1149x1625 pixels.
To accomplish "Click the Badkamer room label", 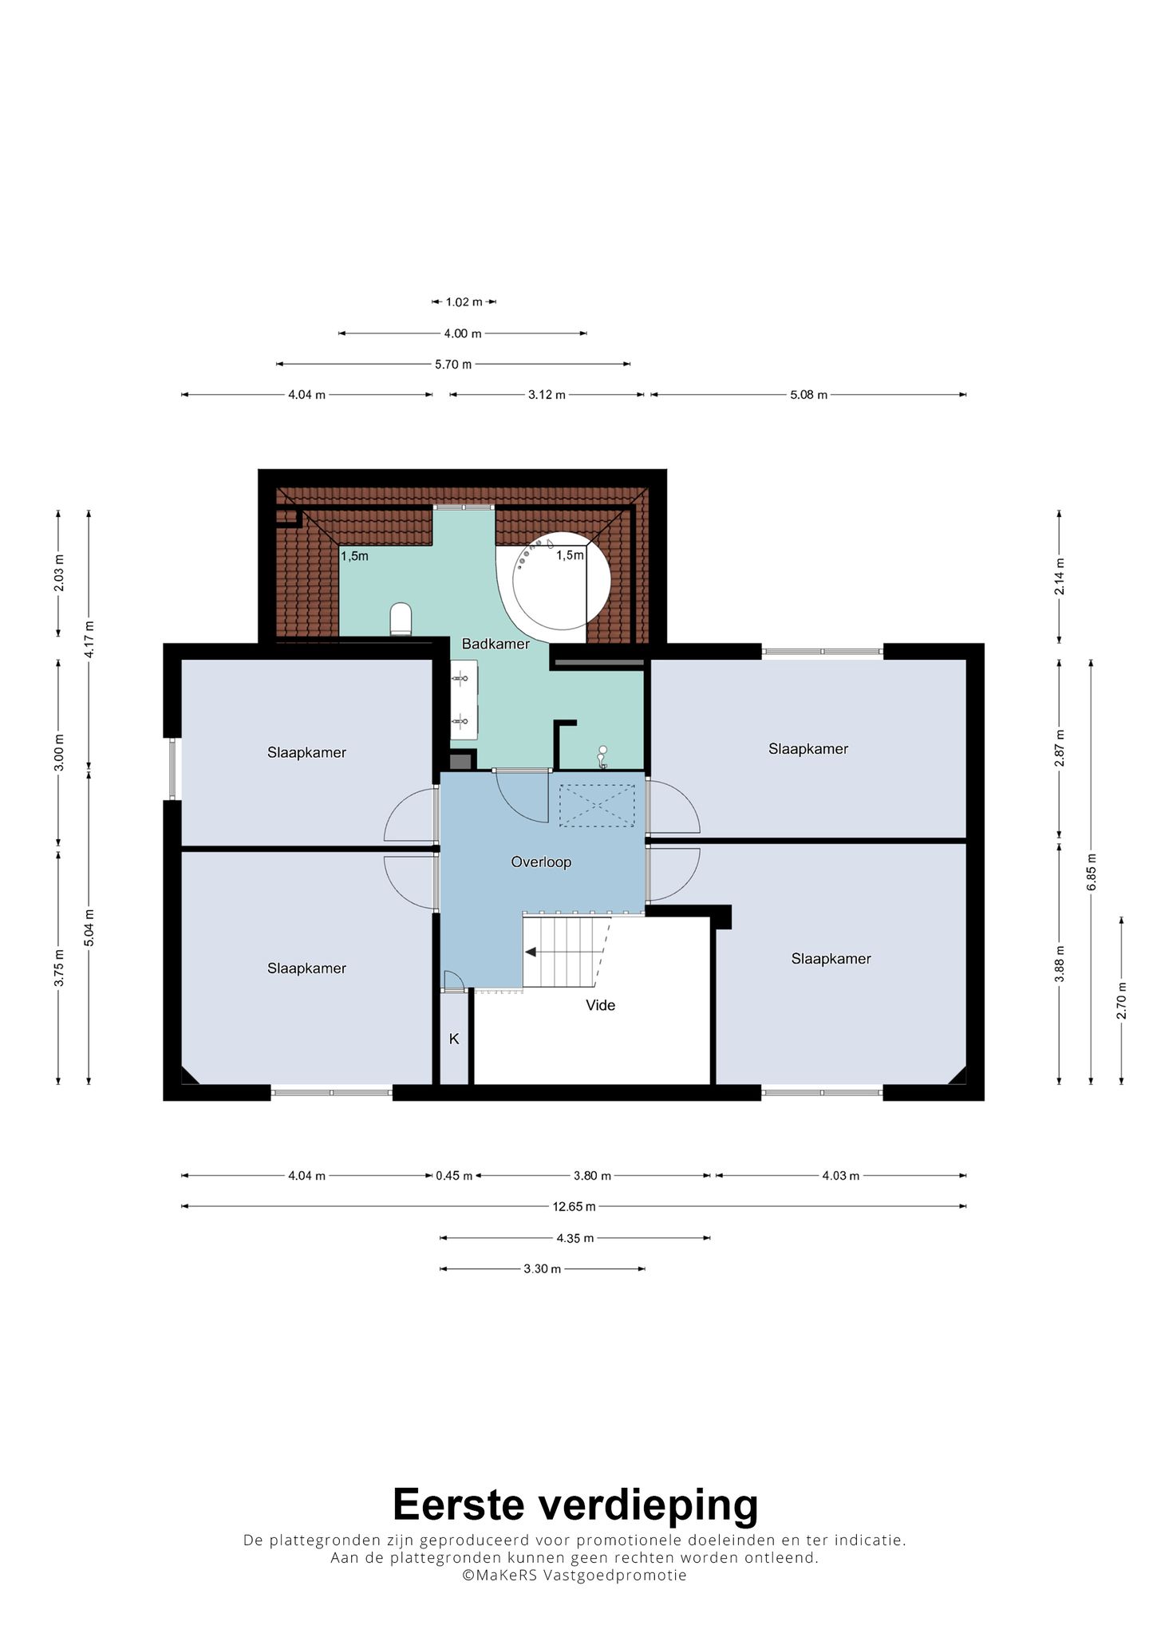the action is [496, 644].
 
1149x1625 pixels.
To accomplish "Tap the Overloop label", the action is [541, 862].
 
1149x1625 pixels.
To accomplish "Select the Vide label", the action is [601, 1005].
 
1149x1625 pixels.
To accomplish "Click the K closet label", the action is [454, 1039].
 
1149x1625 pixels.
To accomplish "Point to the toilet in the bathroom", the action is [401, 619].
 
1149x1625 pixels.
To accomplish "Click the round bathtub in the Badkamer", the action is [561, 581].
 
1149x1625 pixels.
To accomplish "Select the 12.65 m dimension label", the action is [574, 1207].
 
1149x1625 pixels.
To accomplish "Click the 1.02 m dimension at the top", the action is [464, 302].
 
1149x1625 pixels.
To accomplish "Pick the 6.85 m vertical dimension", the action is [1091, 872].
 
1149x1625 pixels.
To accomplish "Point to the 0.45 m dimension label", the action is [454, 1176].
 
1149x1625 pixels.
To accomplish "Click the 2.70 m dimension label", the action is [1121, 1000].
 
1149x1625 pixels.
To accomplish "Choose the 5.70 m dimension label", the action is [453, 364].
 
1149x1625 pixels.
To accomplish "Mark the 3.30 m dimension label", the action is [543, 1269].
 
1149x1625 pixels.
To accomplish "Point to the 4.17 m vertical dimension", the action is [89, 640].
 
